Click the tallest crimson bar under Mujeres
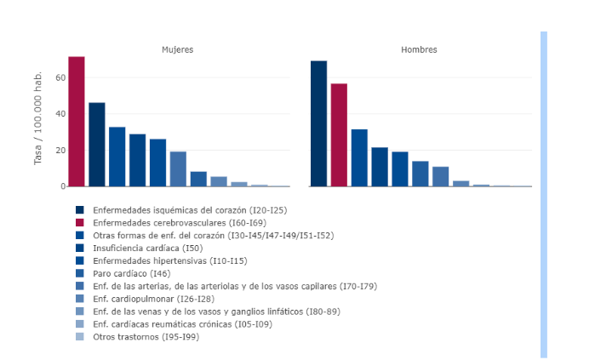pos(77,122)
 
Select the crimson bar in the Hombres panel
pos(339,134)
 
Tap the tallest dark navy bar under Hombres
pos(318,123)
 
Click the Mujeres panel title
pos(178,49)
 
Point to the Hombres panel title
pos(419,49)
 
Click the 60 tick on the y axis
pos(60,77)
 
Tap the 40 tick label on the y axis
pos(60,114)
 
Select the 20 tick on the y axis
pos(60,151)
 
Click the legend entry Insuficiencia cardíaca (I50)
pos(148,248)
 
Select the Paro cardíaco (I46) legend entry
pos(131,273)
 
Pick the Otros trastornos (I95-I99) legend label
pos(146,337)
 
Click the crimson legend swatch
pos(80,222)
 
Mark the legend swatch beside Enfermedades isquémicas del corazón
pos(80,209)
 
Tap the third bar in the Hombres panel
pos(359,157)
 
